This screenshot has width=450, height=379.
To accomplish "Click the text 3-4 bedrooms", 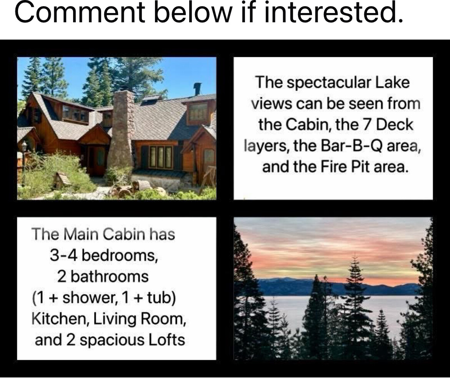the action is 104,255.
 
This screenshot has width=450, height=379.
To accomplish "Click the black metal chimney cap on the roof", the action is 197,88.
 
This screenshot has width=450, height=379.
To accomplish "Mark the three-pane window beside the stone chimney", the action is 160,157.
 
